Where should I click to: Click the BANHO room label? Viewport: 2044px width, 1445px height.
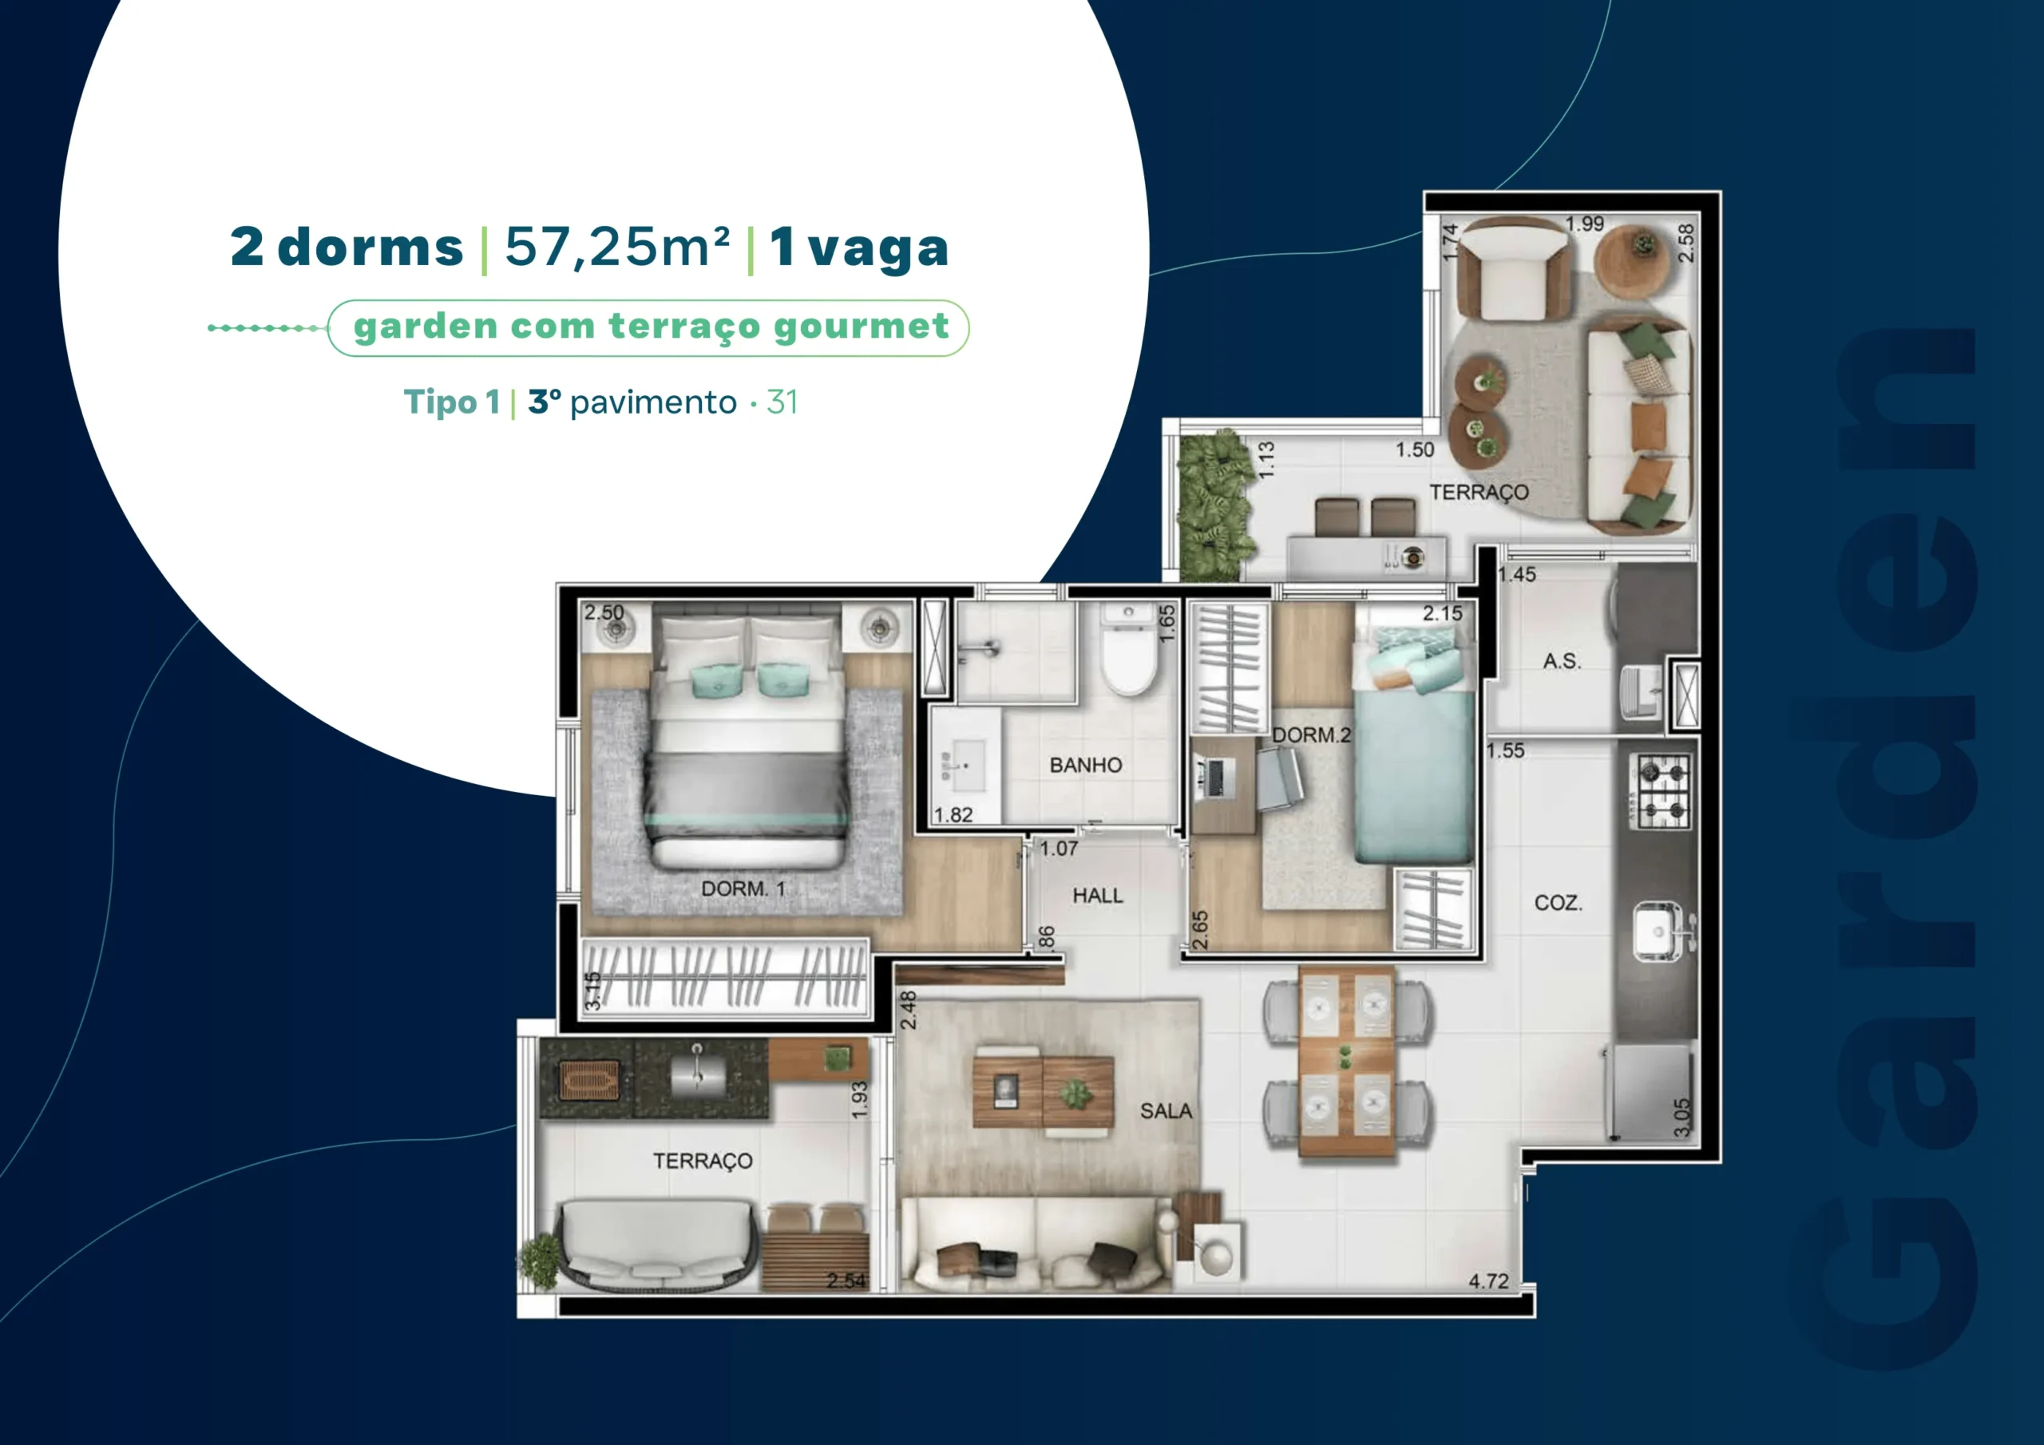(x=1085, y=765)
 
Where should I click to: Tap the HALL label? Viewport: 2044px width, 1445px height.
(x=1098, y=895)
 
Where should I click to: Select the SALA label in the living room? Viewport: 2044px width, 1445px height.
(x=1166, y=1110)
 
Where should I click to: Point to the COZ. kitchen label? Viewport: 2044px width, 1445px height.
(x=1558, y=903)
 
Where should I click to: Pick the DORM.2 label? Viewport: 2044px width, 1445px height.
(x=1310, y=734)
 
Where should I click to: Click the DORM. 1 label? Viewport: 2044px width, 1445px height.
(x=743, y=888)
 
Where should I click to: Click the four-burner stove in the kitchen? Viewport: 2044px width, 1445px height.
(x=1659, y=790)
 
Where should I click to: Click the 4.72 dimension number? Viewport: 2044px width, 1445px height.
(x=1488, y=1281)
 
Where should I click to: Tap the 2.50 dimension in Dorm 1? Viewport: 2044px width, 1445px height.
(x=604, y=612)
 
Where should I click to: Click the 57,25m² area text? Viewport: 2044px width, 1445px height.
(x=617, y=247)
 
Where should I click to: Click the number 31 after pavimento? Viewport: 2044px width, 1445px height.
(x=782, y=402)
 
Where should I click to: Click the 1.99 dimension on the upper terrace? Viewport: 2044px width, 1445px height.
(x=1585, y=224)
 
